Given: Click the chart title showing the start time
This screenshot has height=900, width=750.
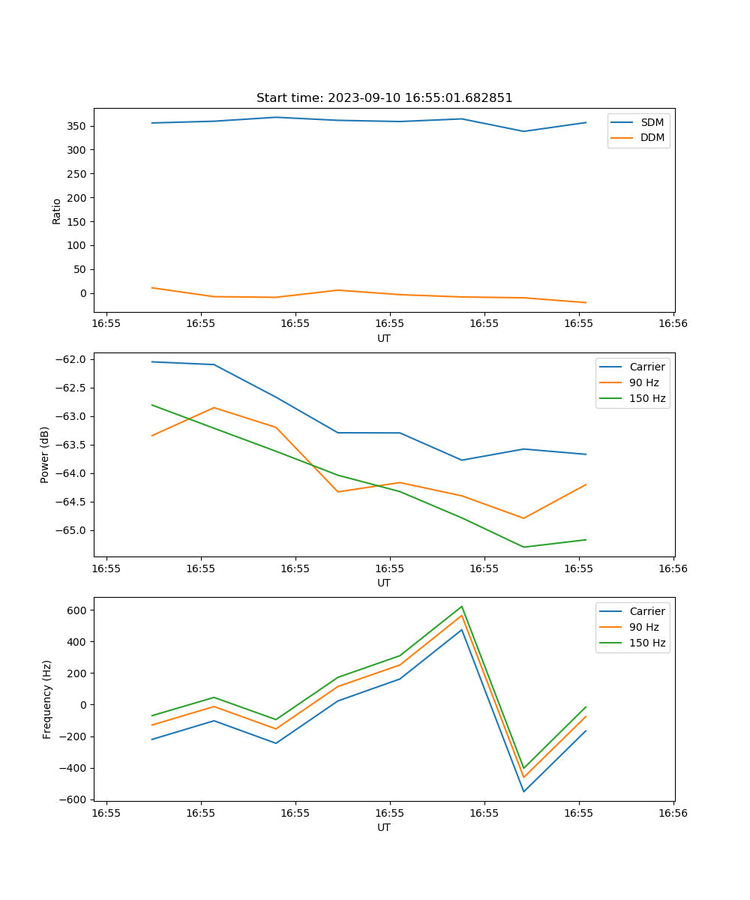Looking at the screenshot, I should point(384,98).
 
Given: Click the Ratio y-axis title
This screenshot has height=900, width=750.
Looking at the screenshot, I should point(57,211).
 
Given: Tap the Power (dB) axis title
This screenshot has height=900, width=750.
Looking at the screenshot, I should point(45,454).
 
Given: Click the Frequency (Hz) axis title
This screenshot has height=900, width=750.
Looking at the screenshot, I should point(46,699).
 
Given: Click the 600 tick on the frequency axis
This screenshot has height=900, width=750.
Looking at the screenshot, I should point(78,610).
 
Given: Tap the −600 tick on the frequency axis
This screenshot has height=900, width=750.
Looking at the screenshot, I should point(75,799).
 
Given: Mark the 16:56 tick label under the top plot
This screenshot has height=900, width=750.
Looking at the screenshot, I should point(673,324).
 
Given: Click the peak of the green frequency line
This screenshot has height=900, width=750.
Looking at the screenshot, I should point(462,607).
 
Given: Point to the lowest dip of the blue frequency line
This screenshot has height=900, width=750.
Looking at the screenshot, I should point(523,791).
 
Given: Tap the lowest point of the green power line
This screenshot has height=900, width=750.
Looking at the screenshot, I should point(523,547).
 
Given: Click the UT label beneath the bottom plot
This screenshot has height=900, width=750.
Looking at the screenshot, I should point(384,827).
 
